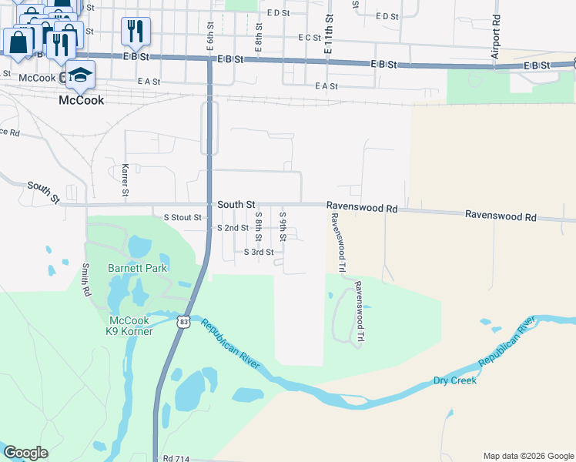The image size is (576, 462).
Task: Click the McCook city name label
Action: [82, 100]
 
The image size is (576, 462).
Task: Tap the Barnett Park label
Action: [138, 268]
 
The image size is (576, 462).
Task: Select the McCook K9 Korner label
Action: [130, 326]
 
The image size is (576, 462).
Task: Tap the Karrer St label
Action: [125, 179]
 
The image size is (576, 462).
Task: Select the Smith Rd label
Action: [85, 280]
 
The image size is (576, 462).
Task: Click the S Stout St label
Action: [182, 218]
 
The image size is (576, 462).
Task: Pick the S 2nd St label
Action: [233, 228]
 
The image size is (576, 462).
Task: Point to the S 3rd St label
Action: [259, 252]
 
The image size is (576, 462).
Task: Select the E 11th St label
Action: [329, 33]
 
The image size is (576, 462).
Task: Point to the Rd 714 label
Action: [177, 458]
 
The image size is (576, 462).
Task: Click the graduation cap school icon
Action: [79, 75]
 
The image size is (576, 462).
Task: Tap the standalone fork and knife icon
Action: [135, 31]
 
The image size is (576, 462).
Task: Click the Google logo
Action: [25, 453]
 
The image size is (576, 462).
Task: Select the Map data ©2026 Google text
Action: [527, 456]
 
